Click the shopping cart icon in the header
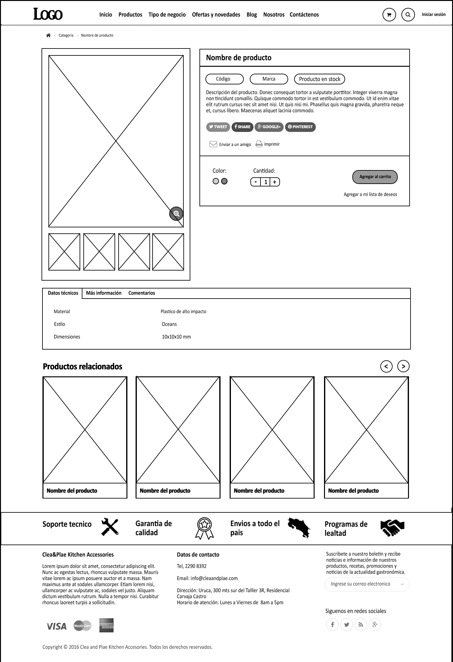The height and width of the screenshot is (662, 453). click(x=389, y=14)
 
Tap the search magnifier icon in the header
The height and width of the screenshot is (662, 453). click(x=408, y=14)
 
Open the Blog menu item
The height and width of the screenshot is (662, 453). click(x=252, y=14)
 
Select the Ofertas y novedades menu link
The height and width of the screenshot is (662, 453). click(x=216, y=14)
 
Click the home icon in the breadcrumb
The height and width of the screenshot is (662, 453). click(x=48, y=35)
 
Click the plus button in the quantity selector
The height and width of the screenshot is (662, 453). click(x=275, y=182)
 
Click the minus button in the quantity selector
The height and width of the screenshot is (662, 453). click(x=256, y=182)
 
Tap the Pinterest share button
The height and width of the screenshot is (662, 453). click(x=300, y=127)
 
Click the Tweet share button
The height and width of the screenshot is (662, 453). click(x=218, y=127)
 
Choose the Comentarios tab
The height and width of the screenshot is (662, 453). click(x=142, y=293)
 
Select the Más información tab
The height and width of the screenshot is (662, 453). click(x=103, y=293)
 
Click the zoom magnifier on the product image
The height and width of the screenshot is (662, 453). click(x=176, y=214)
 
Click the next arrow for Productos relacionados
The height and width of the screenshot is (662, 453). click(x=403, y=366)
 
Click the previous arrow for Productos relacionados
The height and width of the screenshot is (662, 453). click(x=386, y=366)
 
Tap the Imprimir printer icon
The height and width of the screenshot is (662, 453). click(x=259, y=144)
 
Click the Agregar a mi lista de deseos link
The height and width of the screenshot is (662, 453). click(x=370, y=194)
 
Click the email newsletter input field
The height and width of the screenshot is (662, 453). click(x=362, y=584)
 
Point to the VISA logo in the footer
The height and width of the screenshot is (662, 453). click(x=56, y=626)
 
